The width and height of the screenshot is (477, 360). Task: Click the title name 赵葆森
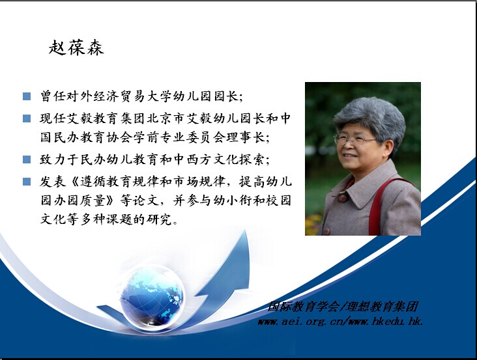[x=76, y=48]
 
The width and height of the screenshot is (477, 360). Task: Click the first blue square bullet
[x=27, y=96]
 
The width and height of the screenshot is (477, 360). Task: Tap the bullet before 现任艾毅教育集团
[x=27, y=118]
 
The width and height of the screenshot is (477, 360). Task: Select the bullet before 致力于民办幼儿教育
[x=27, y=159]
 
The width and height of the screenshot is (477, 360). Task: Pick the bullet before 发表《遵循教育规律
[x=27, y=182]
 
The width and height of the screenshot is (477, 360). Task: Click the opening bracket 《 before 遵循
[x=74, y=182]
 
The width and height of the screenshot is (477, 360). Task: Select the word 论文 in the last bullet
[x=152, y=201]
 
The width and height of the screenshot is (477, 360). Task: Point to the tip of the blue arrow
[x=245, y=230]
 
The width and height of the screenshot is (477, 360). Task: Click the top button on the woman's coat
[x=343, y=199]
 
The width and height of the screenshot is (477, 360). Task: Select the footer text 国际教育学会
[x=303, y=307]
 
